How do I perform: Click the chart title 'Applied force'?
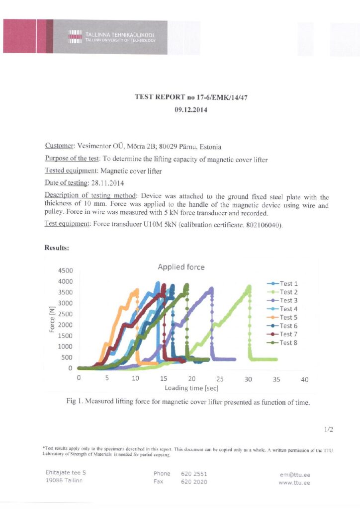coord(180,267)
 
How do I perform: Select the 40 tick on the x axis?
coord(305,379)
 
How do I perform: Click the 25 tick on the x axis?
coord(220,379)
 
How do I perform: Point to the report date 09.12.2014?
coord(191,110)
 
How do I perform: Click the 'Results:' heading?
coord(56,248)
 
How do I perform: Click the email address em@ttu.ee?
coord(295,475)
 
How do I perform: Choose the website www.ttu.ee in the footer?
coord(294,483)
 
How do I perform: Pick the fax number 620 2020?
coord(194,482)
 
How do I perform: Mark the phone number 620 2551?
coord(194,474)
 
